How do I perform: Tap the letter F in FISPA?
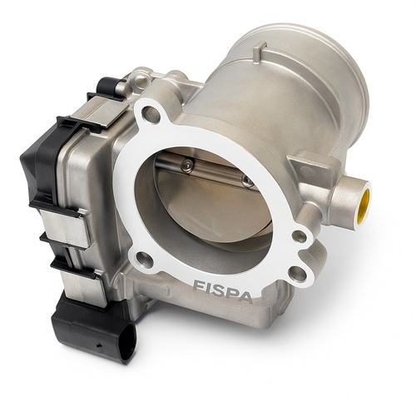click(199, 285)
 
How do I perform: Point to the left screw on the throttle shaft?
click(186, 166)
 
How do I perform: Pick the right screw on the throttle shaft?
click(247, 181)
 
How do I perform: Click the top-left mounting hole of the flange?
click(151, 113)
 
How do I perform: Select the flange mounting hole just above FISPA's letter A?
click(297, 272)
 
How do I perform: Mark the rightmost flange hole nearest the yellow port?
click(300, 236)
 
